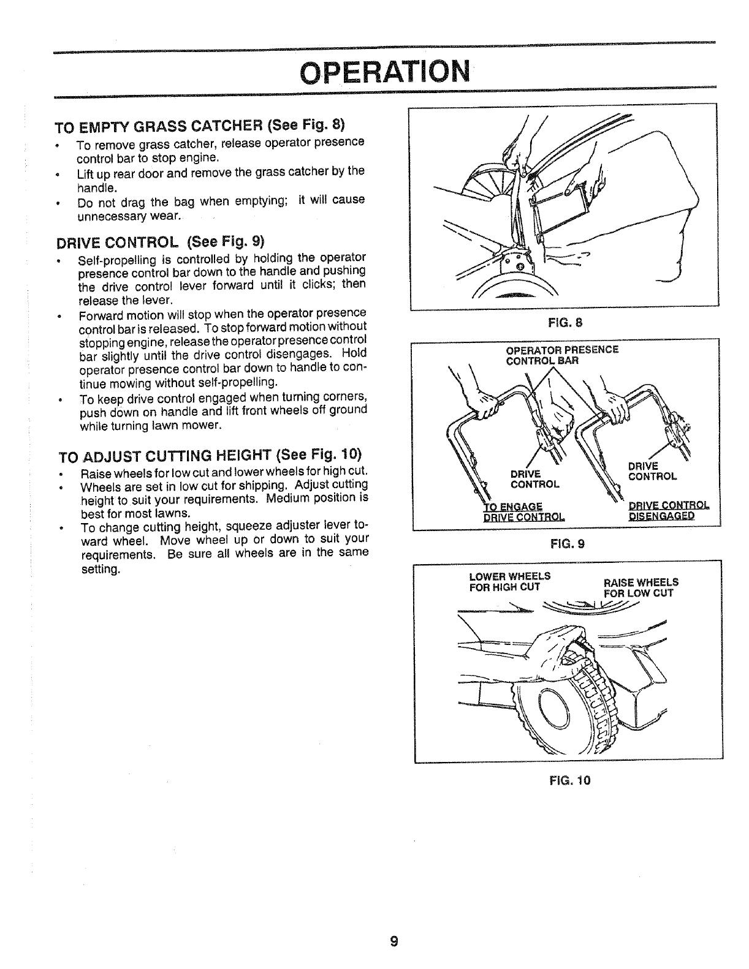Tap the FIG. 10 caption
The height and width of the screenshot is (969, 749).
click(x=568, y=780)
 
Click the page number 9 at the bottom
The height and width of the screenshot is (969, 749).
click(x=394, y=941)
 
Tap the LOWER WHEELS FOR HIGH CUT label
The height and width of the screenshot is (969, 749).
click(x=509, y=581)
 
